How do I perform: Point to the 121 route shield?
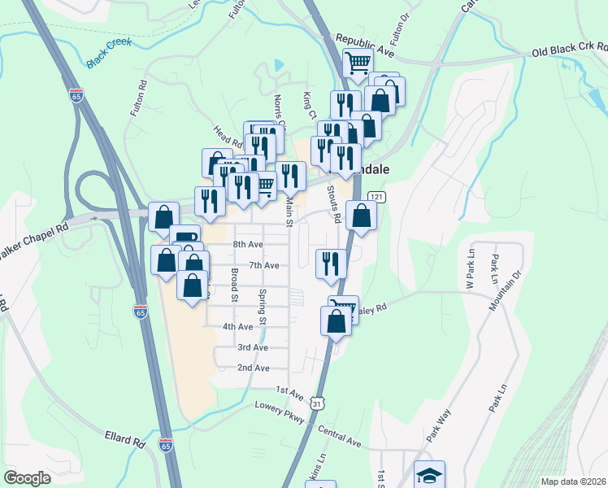click(376, 197)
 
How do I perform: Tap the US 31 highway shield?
click(319, 401)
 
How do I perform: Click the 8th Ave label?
click(248, 244)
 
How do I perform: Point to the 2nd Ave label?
click(253, 368)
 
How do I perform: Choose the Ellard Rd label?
click(124, 438)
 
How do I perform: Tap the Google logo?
click(28, 478)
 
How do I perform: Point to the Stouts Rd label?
click(332, 204)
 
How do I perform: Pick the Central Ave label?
click(338, 435)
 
